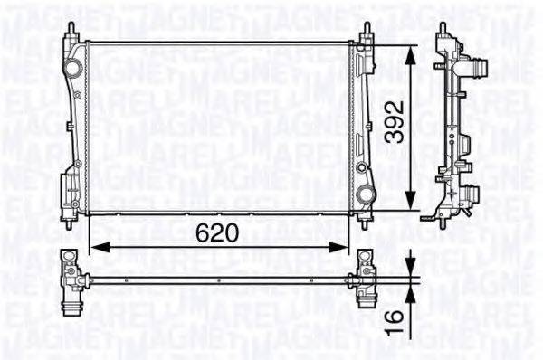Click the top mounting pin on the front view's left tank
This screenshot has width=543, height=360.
point(71,30)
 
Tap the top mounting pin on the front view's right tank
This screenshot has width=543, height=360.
point(367,30)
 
